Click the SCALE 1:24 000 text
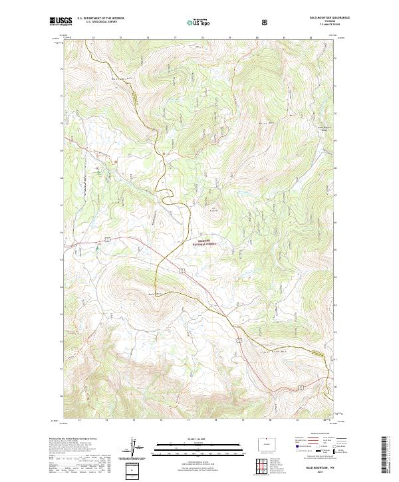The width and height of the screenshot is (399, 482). (191, 439)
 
